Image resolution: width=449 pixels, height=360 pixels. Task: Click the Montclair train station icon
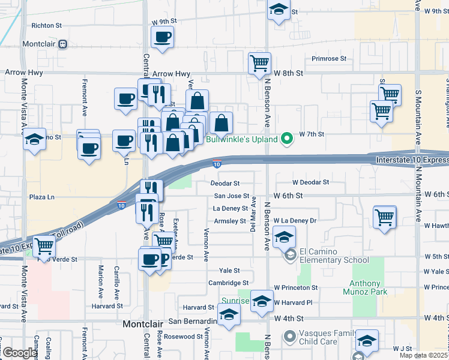62,44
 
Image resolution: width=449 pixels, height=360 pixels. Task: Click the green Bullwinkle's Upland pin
287,139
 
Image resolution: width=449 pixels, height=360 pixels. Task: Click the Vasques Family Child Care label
328,337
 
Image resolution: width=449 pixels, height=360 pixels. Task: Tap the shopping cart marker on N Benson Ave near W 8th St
259,62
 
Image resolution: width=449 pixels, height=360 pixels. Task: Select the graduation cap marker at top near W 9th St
278,11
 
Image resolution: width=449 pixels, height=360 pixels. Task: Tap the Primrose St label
329,59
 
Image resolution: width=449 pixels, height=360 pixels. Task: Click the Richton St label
47,26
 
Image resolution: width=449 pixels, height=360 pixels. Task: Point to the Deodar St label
225,183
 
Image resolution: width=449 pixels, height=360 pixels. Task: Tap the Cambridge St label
228,283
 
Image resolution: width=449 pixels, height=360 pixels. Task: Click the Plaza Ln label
42,196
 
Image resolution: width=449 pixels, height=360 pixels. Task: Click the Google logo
19,353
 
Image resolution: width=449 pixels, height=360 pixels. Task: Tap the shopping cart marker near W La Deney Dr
384,217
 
